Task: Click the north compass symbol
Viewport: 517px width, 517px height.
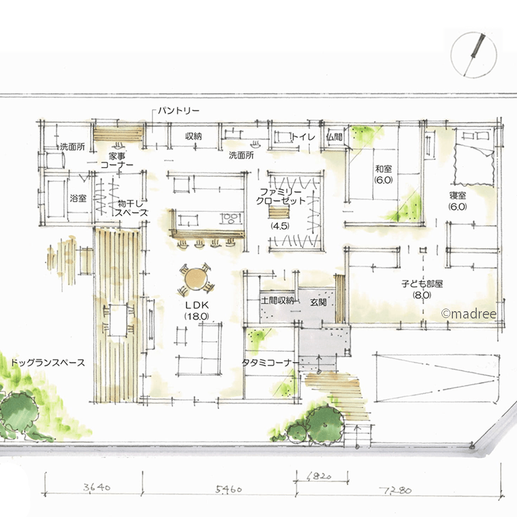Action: tap(474, 55)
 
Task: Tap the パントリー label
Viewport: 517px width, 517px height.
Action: tap(179, 111)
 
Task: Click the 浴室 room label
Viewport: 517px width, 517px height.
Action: tap(78, 198)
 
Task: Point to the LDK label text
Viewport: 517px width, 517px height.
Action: tap(196, 305)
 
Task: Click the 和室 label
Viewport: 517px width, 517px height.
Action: tap(384, 169)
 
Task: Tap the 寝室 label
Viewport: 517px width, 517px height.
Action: tap(458, 195)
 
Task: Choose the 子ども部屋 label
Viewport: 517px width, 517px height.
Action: tap(422, 283)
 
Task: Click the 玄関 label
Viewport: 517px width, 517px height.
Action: tap(318, 302)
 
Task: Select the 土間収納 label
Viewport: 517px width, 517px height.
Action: tap(277, 300)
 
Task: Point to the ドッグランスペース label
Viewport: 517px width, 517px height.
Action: tap(48, 363)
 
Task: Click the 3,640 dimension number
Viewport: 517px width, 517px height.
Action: tap(97, 487)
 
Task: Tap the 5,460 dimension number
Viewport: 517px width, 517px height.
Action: tap(229, 489)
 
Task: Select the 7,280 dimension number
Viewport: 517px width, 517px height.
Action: tap(397, 491)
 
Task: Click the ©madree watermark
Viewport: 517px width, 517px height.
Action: tap(468, 314)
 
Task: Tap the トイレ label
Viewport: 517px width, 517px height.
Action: tap(303, 136)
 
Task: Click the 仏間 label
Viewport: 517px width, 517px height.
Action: tap(334, 137)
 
